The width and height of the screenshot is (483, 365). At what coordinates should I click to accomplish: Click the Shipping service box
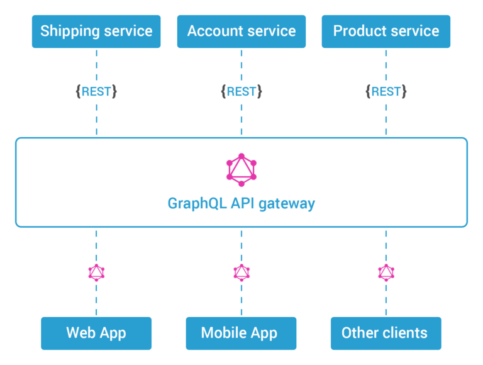[x=96, y=31]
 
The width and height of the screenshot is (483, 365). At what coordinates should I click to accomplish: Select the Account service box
[x=241, y=31]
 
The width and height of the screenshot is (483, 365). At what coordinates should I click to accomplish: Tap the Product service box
[x=386, y=31]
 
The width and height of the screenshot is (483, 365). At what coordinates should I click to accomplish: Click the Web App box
[x=96, y=333]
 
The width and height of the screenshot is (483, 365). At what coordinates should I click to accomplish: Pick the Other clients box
[x=386, y=333]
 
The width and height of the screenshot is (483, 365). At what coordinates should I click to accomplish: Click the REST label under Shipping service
[x=96, y=91]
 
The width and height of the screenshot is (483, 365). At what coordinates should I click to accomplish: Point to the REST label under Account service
[x=241, y=91]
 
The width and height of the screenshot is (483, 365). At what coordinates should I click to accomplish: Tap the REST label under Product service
[x=386, y=91]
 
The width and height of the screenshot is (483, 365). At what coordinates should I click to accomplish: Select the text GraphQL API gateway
[x=241, y=204]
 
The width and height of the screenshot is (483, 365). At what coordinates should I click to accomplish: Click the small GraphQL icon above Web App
[x=96, y=272]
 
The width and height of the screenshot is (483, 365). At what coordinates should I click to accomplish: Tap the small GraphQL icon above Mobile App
[x=241, y=272]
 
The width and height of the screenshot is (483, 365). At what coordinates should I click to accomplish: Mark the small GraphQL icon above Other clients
[x=386, y=272]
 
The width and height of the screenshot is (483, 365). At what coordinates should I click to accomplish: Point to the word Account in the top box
[x=214, y=31]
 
